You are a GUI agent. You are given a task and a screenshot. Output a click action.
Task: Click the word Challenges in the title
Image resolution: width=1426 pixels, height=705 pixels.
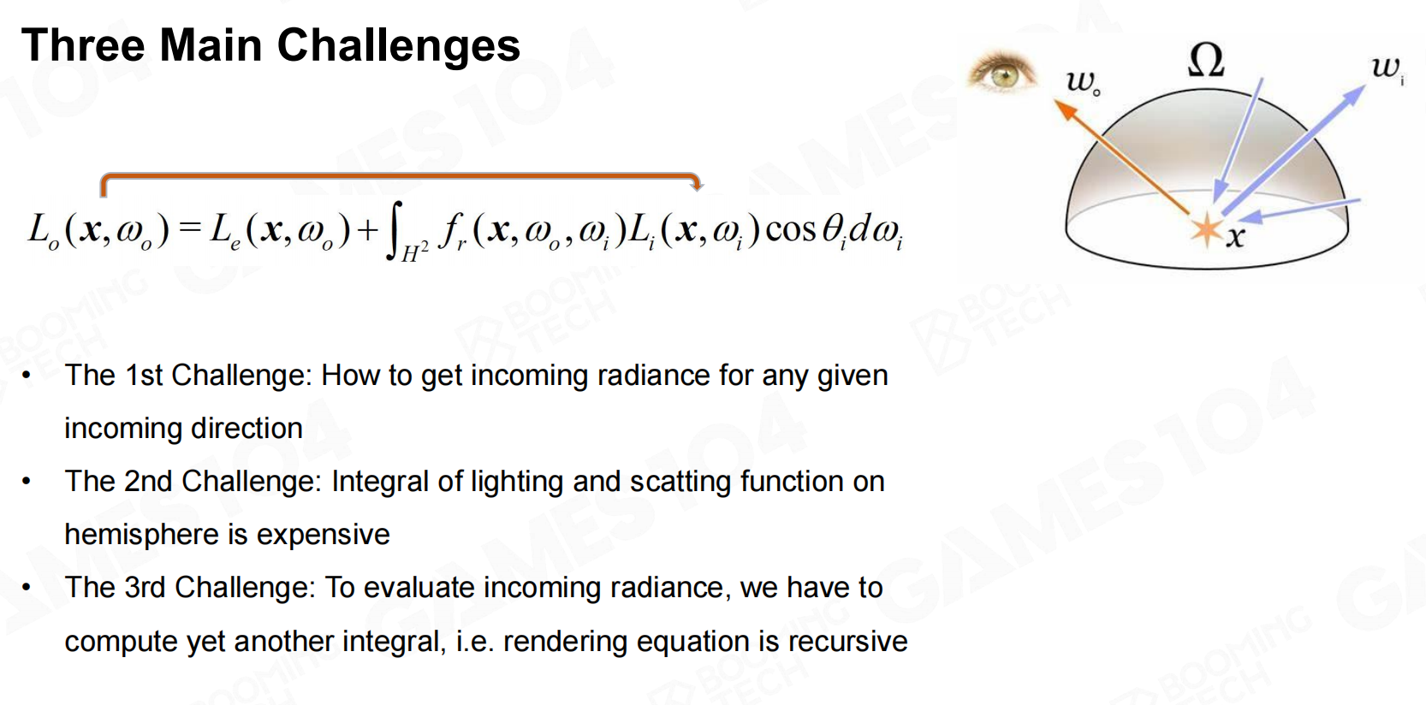399,46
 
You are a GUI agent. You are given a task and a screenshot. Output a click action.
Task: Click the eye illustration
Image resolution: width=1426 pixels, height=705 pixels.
1002,74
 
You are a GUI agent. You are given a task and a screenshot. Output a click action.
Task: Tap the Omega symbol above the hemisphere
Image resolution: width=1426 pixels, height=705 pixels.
1206,61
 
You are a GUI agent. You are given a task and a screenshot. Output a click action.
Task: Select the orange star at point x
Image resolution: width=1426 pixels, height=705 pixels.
1206,230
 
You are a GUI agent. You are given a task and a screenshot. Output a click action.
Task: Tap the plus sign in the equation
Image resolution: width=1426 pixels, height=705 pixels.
368,229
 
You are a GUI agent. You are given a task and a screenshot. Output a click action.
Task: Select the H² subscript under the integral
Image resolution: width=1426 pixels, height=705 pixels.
414,254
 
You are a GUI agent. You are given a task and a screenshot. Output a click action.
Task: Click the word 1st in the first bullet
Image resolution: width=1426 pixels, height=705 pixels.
145,376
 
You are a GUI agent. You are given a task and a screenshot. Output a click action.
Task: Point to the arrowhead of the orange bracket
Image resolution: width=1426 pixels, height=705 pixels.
697,185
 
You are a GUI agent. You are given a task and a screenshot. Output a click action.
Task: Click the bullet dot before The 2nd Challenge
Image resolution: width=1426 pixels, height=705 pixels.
26,482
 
